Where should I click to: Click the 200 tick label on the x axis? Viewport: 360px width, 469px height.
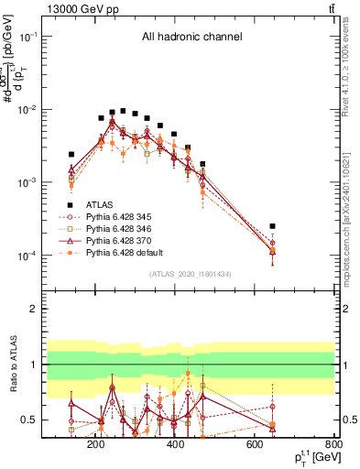pos(95,444)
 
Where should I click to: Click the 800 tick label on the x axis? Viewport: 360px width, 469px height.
pos(333,444)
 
